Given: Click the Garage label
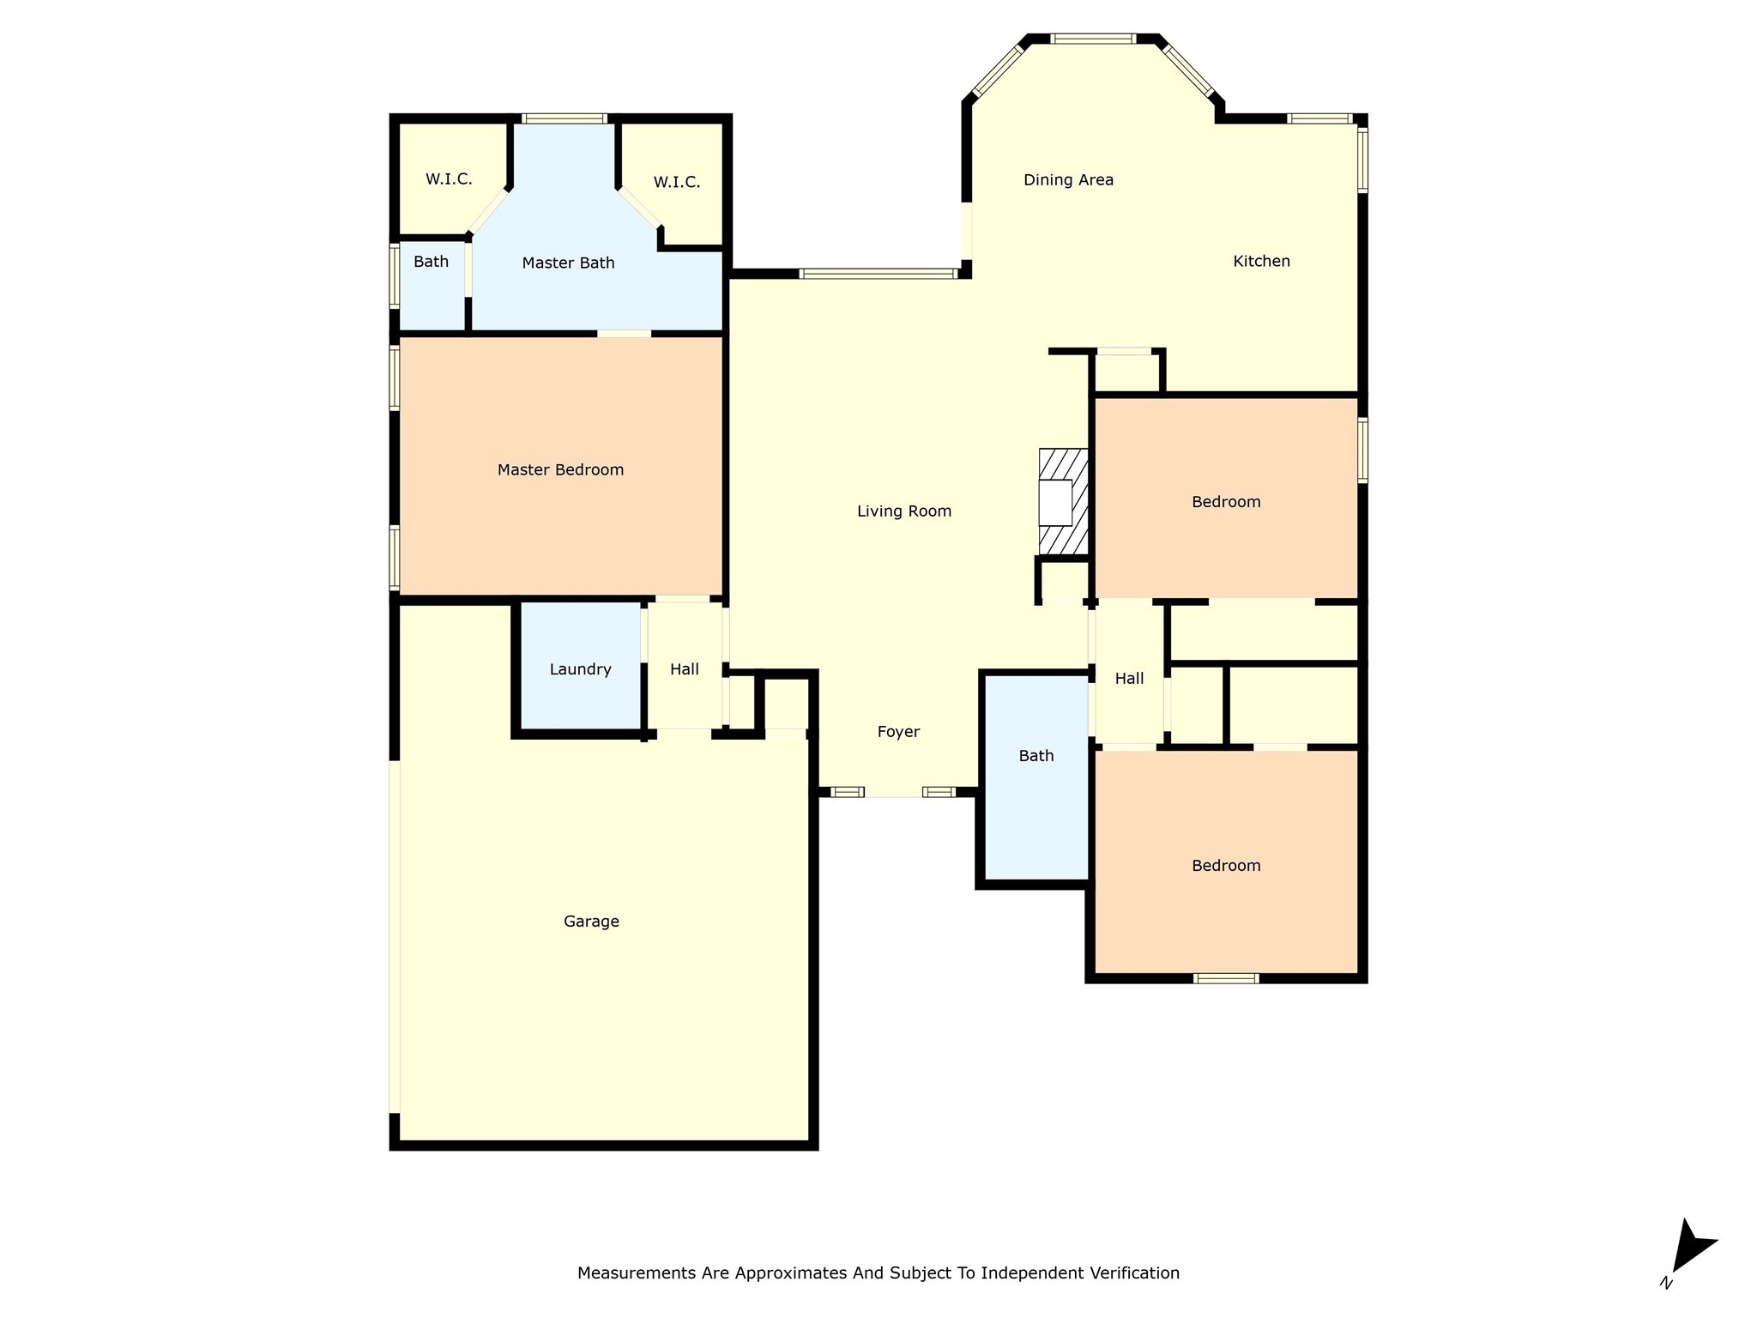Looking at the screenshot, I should coord(591,922).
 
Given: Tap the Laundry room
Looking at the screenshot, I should coord(580,669).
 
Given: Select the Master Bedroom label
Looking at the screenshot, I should coord(560,469).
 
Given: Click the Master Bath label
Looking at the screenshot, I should coord(568,263).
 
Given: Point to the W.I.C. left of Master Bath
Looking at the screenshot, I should coord(449,179).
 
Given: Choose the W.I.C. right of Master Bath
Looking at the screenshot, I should coord(676,182).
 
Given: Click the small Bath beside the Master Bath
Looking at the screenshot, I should coord(431,262).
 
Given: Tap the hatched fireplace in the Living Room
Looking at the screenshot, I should coord(1063,502).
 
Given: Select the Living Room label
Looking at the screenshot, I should coord(904,511).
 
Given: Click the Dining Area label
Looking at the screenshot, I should coord(1068,180).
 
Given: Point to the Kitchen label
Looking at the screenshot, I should coord(1261,261).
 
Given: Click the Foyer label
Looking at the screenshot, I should coord(898,732).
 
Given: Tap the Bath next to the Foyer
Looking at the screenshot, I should coord(1035,756).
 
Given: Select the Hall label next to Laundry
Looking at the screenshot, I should coord(685,669).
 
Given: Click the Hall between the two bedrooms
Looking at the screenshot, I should coord(1129,679).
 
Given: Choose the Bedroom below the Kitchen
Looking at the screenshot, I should coord(1226,502).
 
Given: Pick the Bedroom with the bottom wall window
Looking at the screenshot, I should coord(1226,866).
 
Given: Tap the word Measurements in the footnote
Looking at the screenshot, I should coord(637,1273).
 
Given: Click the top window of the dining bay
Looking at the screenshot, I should coord(1093,39).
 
